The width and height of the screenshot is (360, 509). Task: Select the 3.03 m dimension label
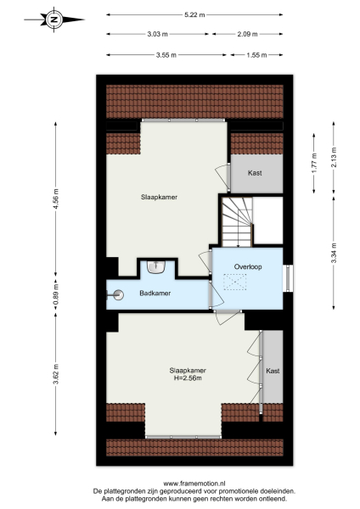point(158,34)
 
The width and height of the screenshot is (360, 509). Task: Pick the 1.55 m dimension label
point(256,54)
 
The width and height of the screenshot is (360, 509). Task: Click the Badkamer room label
point(155,294)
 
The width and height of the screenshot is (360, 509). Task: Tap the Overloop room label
point(247,266)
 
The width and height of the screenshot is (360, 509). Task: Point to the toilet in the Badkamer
point(116,294)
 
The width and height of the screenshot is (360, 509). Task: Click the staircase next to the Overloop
point(237,219)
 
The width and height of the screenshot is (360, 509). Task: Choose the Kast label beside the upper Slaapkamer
point(255,173)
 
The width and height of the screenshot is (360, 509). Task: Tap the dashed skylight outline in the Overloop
point(234,282)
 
